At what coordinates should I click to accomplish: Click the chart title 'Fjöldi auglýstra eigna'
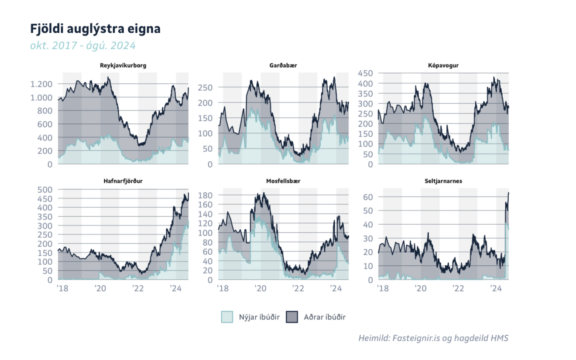pyautogui.click(x=95, y=29)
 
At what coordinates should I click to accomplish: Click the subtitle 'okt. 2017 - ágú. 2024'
pyautogui.click(x=83, y=45)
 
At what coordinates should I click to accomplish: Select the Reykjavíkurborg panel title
pyautogui.click(x=123, y=66)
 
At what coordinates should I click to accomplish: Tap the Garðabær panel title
pyautogui.click(x=283, y=66)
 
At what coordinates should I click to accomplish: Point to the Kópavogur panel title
pyautogui.click(x=443, y=66)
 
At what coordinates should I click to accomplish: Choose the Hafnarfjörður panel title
pyautogui.click(x=123, y=181)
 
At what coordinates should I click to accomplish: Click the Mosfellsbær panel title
pyautogui.click(x=283, y=181)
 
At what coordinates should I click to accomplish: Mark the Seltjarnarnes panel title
pyautogui.click(x=443, y=181)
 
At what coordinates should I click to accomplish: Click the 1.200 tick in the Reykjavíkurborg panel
pyautogui.click(x=41, y=84)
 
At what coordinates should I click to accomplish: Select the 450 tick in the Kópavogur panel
pyautogui.click(x=365, y=73)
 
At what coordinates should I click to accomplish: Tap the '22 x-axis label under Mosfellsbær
pyautogui.click(x=298, y=288)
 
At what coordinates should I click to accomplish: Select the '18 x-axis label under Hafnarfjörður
pyautogui.click(x=62, y=288)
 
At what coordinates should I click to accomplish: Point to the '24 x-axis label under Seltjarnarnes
pyautogui.click(x=496, y=288)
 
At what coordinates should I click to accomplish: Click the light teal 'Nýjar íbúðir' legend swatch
pyautogui.click(x=227, y=317)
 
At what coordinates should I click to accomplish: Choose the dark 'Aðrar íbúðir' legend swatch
pyautogui.click(x=291, y=317)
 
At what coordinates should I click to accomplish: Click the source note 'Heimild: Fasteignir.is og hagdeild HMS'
pyautogui.click(x=433, y=338)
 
